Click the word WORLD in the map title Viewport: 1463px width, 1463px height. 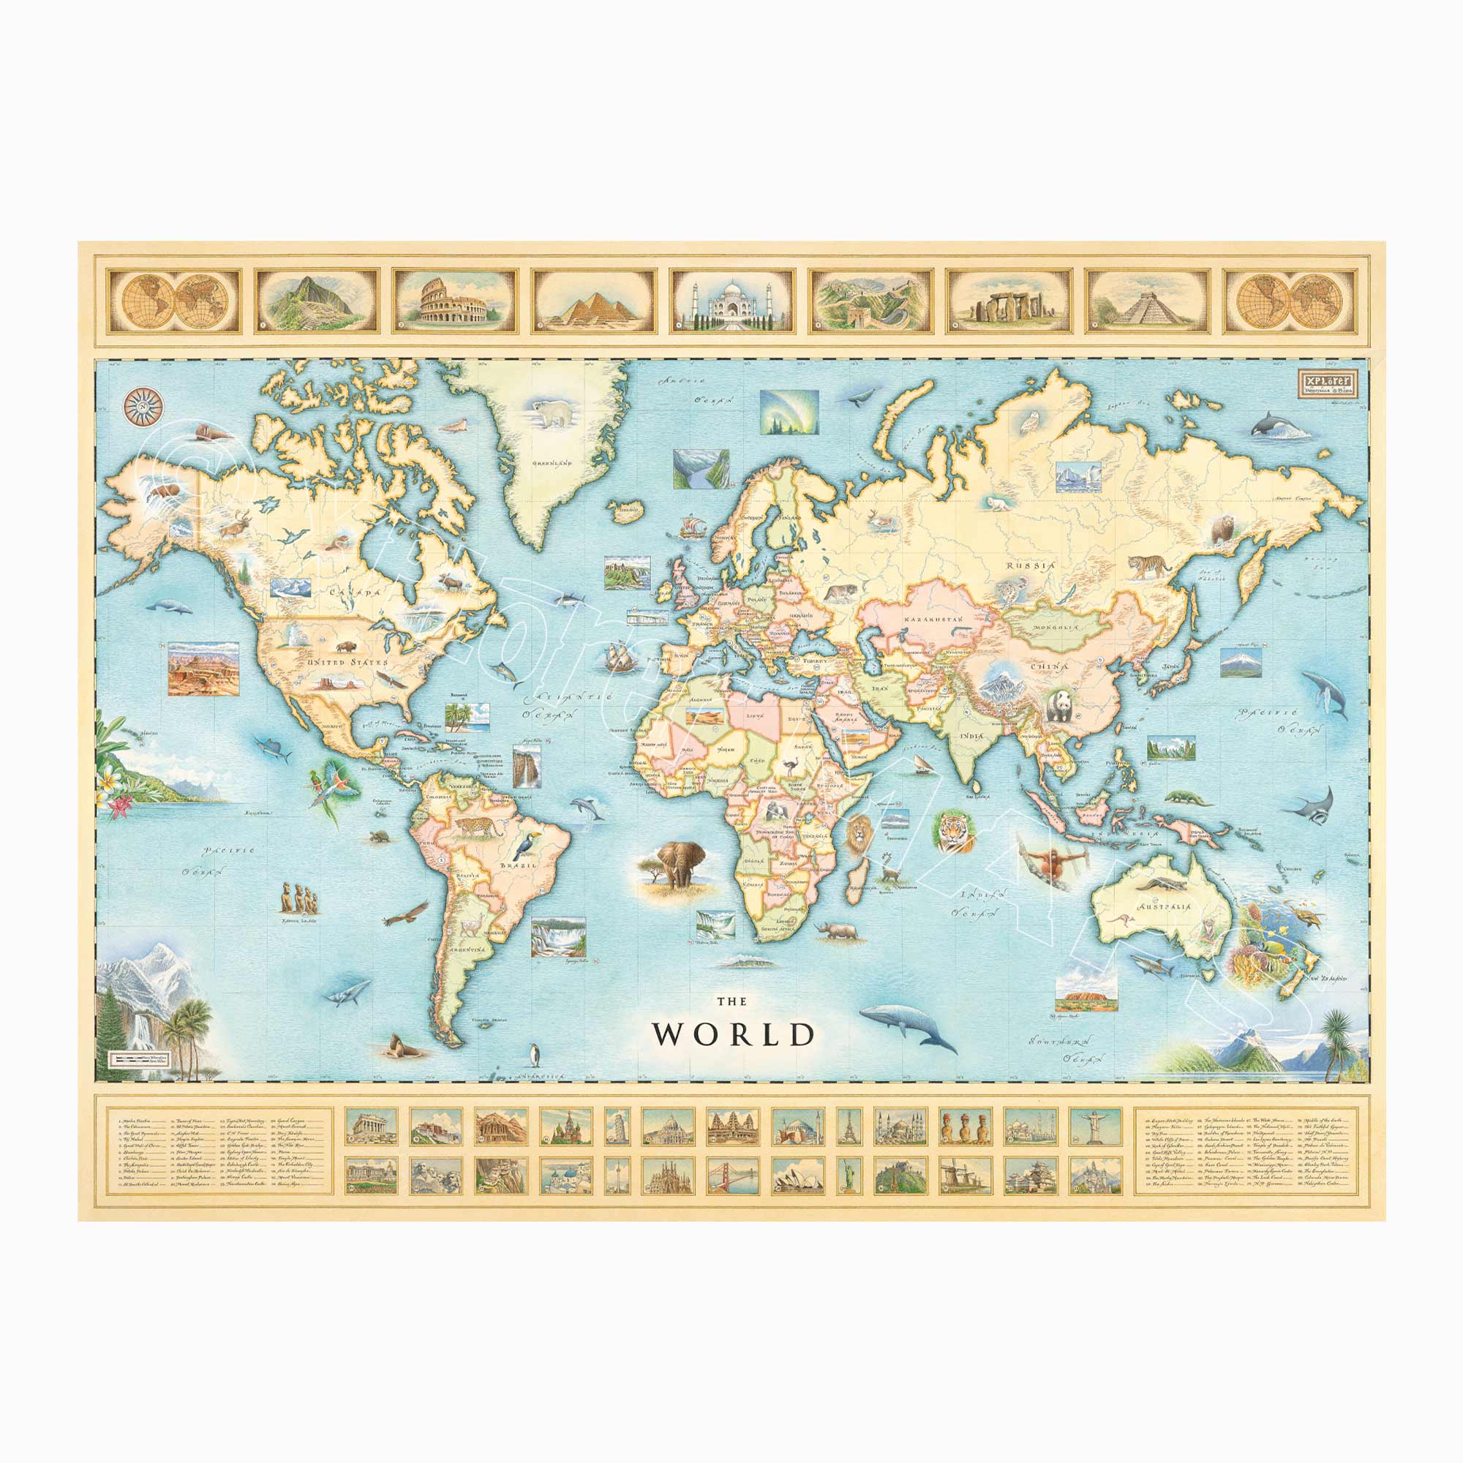pyautogui.click(x=734, y=1034)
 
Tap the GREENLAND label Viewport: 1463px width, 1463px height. pyautogui.click(x=551, y=462)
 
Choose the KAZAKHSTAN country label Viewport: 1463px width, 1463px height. pyautogui.click(x=932, y=620)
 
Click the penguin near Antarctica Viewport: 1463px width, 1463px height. pyautogui.click(x=536, y=1053)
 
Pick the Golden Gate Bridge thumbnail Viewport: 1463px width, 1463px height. pyautogui.click(x=732, y=1175)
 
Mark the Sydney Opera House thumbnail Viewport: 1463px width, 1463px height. pyautogui.click(x=797, y=1175)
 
